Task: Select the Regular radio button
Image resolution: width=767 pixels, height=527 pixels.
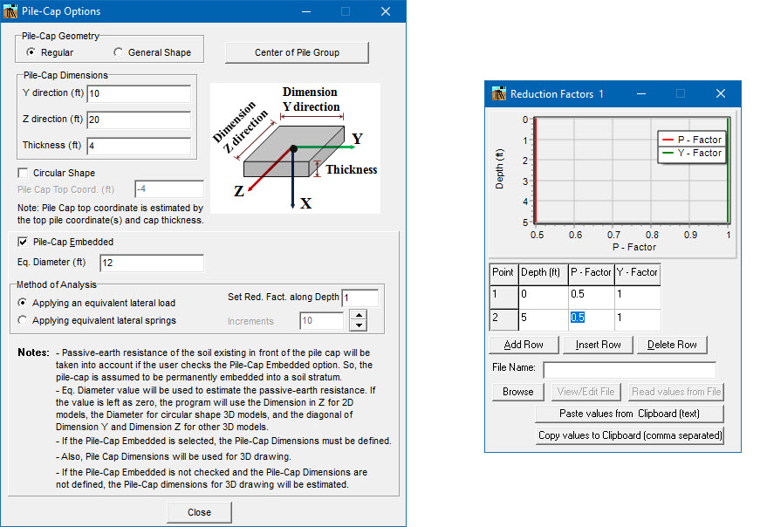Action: point(31,52)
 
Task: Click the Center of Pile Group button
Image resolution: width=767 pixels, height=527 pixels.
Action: point(297,52)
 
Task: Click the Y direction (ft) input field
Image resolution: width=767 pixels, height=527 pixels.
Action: point(138,93)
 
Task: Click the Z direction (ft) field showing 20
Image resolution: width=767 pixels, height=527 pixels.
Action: point(138,120)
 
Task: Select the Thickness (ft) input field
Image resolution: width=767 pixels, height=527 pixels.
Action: point(138,146)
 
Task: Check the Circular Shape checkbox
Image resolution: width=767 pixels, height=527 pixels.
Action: point(24,173)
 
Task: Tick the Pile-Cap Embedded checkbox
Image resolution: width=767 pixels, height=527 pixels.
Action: point(24,242)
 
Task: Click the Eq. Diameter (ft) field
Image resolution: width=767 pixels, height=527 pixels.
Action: point(152,263)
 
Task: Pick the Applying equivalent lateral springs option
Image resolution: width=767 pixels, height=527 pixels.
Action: point(24,320)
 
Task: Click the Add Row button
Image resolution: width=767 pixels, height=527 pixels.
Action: point(524,345)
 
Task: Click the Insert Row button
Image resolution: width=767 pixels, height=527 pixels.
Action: point(598,345)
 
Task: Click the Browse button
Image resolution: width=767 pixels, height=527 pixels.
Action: point(517,392)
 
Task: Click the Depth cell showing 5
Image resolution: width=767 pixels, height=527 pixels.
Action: point(542,318)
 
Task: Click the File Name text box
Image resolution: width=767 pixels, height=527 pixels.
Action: point(628,370)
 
